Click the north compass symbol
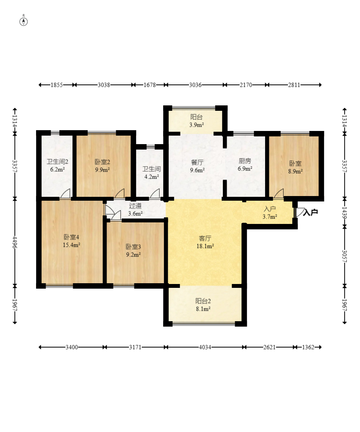[x=24, y=21]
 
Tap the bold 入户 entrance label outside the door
[x=311, y=212]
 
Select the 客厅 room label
[x=205, y=238]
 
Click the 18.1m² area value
[x=205, y=246]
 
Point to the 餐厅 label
[x=197, y=162]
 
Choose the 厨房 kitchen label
[x=245, y=161]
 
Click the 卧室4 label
[x=71, y=237]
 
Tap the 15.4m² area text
[x=71, y=244]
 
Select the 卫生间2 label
[x=57, y=162]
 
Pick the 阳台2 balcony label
[x=203, y=301]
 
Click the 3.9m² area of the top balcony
[x=196, y=125]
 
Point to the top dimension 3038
[x=104, y=85]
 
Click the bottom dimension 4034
[x=205, y=347]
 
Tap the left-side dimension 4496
[x=15, y=242]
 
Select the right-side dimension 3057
[x=344, y=256]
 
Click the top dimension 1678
[x=150, y=85]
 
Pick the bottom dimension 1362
[x=308, y=347]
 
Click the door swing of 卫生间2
[x=65, y=193]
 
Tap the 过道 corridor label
[x=135, y=205]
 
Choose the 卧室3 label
[x=133, y=247]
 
